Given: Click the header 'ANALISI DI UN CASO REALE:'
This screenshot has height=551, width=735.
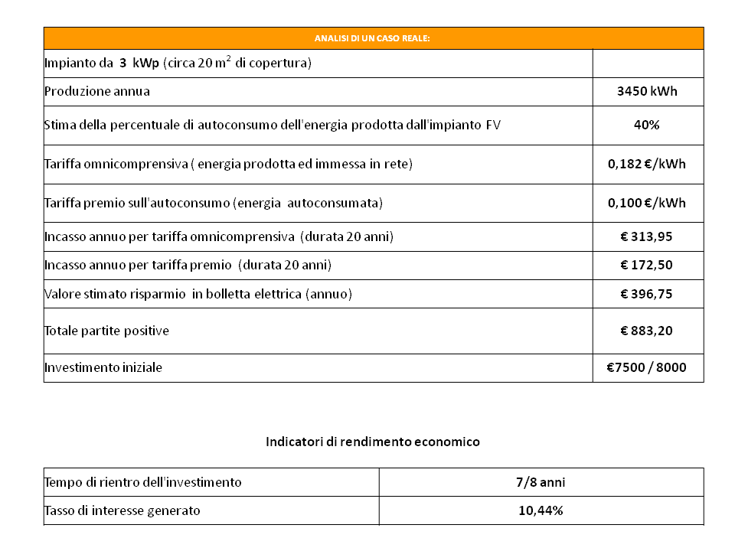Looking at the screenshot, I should point(373,38).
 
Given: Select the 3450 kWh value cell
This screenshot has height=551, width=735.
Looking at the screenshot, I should point(647,92).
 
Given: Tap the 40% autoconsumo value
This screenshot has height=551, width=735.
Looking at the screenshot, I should point(647,126).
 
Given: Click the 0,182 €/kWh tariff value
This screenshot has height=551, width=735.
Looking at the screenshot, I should point(647,165).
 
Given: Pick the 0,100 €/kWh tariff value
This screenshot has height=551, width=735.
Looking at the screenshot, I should point(647,204).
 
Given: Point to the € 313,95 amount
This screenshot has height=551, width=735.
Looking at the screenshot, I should point(647,237).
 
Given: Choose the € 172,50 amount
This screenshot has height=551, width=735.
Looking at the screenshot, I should point(647,265).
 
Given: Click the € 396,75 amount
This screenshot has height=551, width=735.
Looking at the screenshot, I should point(647,294).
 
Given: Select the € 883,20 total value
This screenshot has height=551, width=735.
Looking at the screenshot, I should point(647,331).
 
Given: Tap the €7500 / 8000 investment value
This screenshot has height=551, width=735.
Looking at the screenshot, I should point(647,367).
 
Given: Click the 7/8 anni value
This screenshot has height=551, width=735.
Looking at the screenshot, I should point(541,482).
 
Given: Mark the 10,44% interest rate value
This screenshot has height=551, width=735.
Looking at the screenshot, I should point(541,510).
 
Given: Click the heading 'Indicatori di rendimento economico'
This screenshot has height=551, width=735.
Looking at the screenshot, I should point(373,442).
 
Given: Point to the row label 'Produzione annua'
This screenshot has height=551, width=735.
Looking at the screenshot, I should point(97,92).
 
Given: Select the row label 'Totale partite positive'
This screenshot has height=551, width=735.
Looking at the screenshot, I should point(106,331).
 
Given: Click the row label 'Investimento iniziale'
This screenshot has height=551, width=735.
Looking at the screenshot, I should point(103,367).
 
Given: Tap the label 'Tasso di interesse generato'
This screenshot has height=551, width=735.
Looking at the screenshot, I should point(122,510).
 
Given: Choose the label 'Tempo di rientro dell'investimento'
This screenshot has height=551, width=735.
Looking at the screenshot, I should point(143,482).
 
